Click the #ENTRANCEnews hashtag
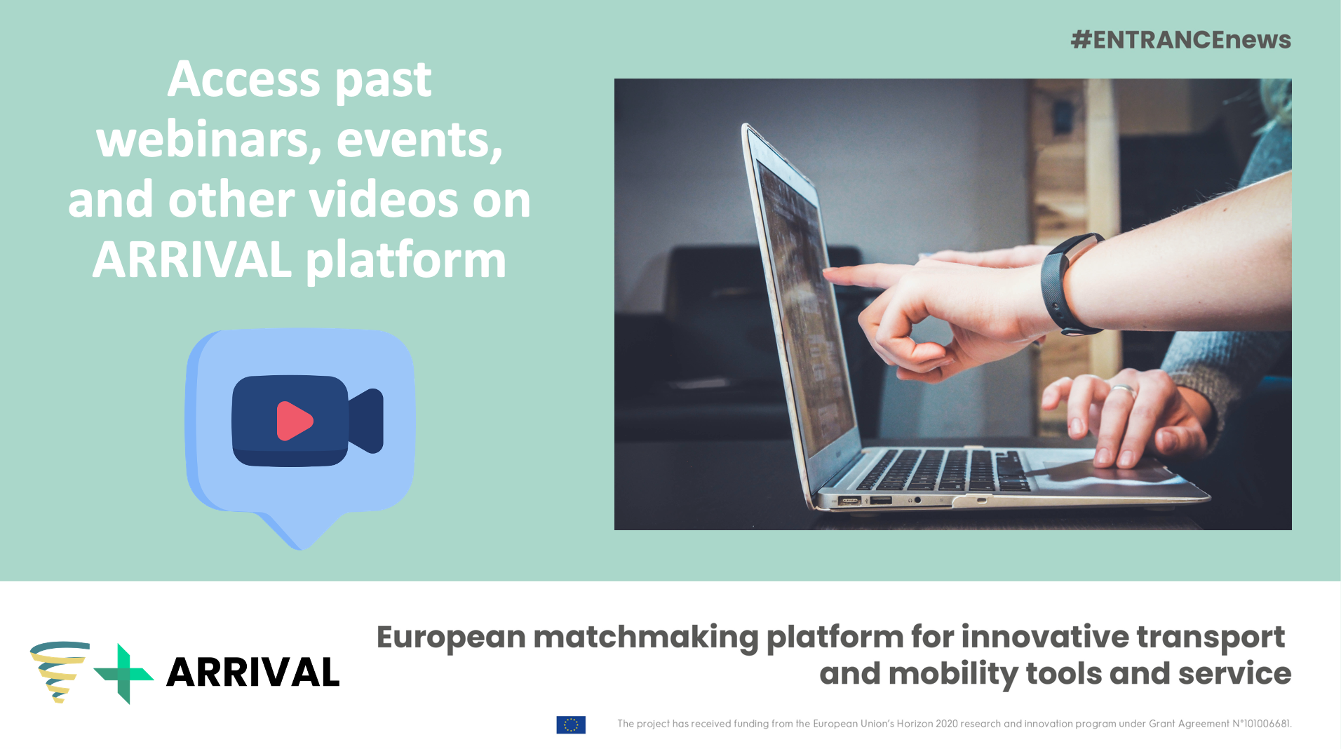point(1180,40)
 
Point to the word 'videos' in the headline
point(384,200)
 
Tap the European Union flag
point(571,724)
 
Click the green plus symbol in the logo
point(123,674)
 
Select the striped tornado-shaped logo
point(59,672)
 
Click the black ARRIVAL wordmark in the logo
point(252,673)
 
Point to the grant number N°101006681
point(1262,724)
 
